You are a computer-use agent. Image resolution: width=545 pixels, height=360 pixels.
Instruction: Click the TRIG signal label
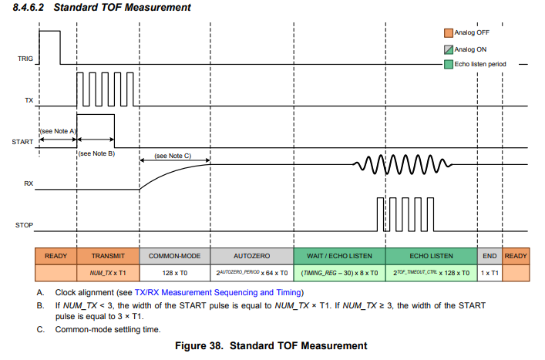(x=26, y=58)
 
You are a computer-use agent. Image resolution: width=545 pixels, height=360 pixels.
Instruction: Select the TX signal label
(x=29, y=100)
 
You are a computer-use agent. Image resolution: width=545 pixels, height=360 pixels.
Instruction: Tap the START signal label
(x=23, y=142)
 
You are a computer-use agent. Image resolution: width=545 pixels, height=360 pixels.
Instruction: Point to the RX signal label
(x=29, y=183)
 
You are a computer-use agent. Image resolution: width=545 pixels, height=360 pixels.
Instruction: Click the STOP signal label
(x=25, y=225)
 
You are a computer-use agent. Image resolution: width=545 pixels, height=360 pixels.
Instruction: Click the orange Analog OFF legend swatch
(x=448, y=33)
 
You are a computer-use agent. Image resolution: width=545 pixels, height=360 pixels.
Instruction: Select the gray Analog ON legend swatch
(x=448, y=49)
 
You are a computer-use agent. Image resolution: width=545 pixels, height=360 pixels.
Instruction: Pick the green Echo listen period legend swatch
(x=448, y=64)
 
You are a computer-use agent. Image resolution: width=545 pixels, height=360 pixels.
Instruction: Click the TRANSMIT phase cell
(x=107, y=256)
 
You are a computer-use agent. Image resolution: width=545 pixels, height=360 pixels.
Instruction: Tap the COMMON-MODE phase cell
(x=174, y=256)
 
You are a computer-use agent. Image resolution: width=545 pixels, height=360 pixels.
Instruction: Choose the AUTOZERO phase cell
(x=251, y=256)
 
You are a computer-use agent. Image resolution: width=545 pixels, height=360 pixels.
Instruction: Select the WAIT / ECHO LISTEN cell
(x=339, y=256)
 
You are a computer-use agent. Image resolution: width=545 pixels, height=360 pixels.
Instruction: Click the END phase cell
(x=489, y=256)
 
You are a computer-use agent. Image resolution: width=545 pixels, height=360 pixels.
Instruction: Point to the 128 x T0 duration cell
(x=174, y=273)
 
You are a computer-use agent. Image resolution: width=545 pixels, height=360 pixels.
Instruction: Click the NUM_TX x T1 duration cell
(x=107, y=273)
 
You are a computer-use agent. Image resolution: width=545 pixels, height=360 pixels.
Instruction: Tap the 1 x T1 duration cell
(x=489, y=273)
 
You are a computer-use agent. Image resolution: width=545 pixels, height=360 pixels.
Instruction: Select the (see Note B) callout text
(x=96, y=153)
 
